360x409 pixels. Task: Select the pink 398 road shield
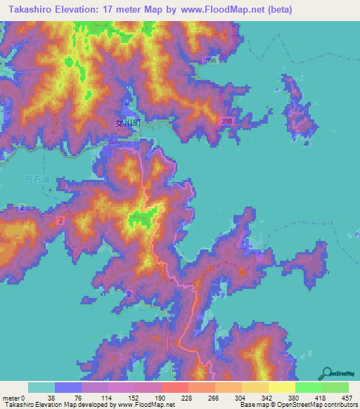(225, 121)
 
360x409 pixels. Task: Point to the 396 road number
(210, 61)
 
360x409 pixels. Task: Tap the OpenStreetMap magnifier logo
(327, 372)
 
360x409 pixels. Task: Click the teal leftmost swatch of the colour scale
(41, 387)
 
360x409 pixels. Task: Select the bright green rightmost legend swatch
(335, 387)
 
